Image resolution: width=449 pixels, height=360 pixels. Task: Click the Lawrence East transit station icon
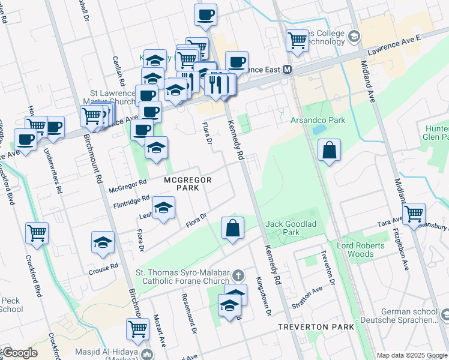(x=288, y=70)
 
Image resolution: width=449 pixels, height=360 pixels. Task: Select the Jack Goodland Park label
(x=291, y=227)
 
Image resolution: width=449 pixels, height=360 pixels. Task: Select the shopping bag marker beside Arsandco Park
(x=329, y=151)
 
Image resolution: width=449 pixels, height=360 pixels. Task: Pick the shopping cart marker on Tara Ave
(x=414, y=214)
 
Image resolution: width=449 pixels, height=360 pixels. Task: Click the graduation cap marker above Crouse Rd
(x=103, y=242)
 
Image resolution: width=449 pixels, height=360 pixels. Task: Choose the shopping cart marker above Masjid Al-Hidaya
(x=137, y=329)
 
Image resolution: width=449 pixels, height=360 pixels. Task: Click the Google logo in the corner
(x=19, y=353)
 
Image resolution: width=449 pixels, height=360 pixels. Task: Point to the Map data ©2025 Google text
(x=411, y=355)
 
